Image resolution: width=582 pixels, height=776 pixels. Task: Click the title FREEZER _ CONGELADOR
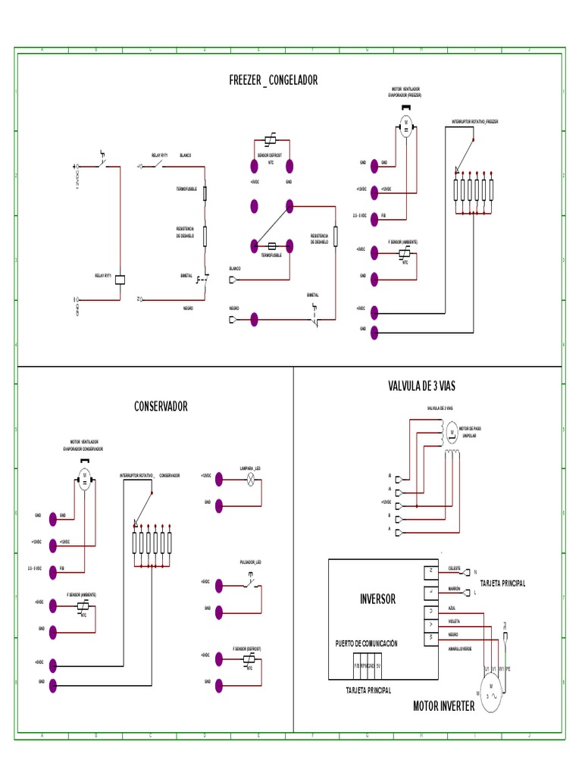coord(273,80)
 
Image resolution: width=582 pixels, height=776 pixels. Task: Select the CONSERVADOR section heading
coord(161,407)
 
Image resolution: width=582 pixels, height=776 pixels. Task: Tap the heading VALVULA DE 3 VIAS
coord(421,386)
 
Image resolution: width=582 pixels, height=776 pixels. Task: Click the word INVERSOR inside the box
coord(377,599)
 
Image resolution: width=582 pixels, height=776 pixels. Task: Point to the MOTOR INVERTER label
coord(443,706)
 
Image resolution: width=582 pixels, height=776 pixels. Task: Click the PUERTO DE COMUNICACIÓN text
coord(367,643)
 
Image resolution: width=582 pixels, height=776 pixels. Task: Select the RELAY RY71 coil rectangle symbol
coord(119,278)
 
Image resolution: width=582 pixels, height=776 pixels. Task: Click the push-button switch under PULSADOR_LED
coord(250,584)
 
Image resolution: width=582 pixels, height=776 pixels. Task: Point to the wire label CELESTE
coord(455,567)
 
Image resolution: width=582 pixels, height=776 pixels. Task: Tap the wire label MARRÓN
coord(455,588)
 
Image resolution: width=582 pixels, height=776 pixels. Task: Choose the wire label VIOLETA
coord(455,621)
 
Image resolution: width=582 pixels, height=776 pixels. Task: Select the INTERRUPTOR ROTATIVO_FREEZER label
coord(475,121)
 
